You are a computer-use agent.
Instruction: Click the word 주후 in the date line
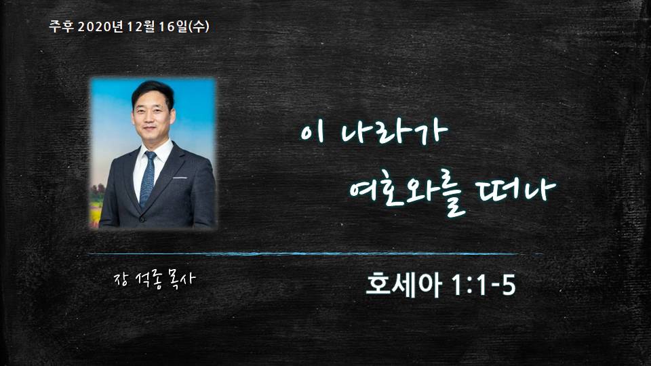click(61, 26)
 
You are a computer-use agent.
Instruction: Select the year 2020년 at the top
click(100, 26)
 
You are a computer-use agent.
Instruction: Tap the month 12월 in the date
click(141, 26)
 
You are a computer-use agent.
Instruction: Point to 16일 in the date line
click(173, 26)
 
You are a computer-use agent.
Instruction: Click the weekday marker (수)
click(199, 26)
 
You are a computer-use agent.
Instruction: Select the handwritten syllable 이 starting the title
click(311, 132)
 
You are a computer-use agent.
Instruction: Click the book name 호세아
click(403, 284)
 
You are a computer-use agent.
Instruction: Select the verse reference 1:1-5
click(483, 285)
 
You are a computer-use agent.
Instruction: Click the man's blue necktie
click(147, 178)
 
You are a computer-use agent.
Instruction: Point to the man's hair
click(153, 92)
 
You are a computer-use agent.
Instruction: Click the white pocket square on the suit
click(179, 178)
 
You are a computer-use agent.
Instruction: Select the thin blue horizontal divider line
click(315, 253)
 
